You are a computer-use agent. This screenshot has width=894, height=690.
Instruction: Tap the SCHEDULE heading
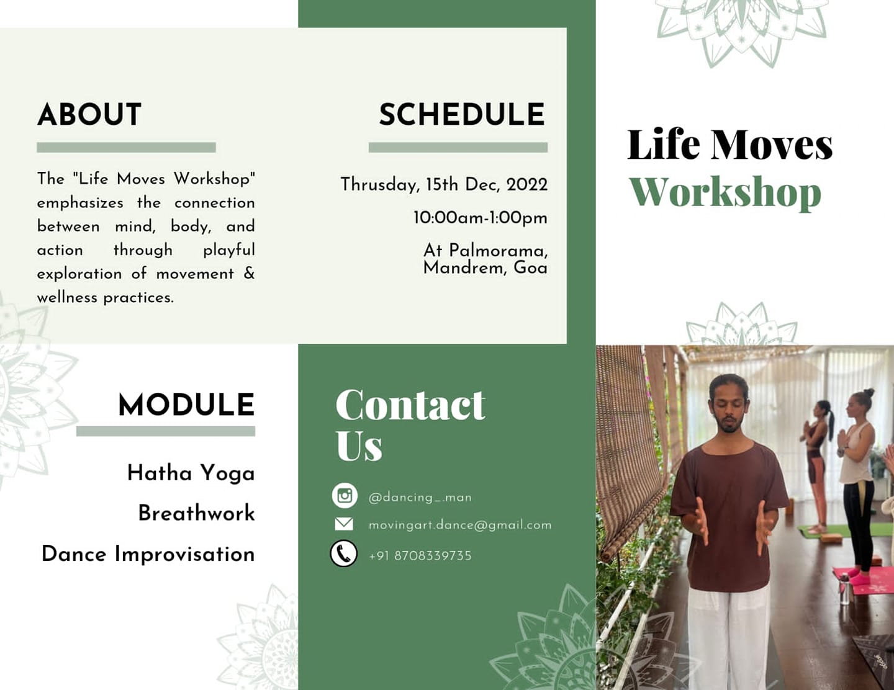click(463, 115)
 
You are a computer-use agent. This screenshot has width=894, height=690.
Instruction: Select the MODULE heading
click(186, 405)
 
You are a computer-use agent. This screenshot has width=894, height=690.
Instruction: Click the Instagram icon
click(345, 496)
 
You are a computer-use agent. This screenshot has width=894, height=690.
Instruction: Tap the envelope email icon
click(344, 524)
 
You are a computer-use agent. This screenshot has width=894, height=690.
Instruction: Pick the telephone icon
click(343, 553)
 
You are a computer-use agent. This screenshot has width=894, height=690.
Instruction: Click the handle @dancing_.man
click(420, 498)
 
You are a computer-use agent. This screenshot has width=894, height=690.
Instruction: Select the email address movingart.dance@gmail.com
click(460, 525)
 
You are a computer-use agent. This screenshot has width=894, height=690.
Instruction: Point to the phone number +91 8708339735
click(420, 556)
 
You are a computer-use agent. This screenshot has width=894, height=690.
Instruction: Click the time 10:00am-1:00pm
click(481, 218)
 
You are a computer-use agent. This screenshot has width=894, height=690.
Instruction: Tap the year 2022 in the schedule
click(527, 185)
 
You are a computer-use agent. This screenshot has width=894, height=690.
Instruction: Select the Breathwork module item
click(196, 513)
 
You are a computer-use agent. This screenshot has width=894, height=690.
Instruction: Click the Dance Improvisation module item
click(148, 554)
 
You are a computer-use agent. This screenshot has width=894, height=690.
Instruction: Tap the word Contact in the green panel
click(410, 405)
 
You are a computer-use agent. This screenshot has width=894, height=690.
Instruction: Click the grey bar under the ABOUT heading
click(126, 148)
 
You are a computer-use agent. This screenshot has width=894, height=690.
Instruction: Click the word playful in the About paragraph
click(229, 251)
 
